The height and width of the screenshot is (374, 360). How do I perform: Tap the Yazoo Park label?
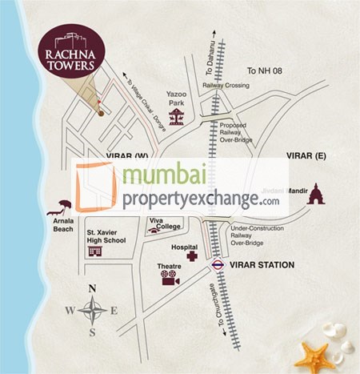pos(176,99)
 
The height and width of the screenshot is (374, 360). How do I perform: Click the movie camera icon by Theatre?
pos(170,278)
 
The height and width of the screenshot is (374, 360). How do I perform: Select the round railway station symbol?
pos(217,263)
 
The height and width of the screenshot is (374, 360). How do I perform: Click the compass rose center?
pos(92,310)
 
